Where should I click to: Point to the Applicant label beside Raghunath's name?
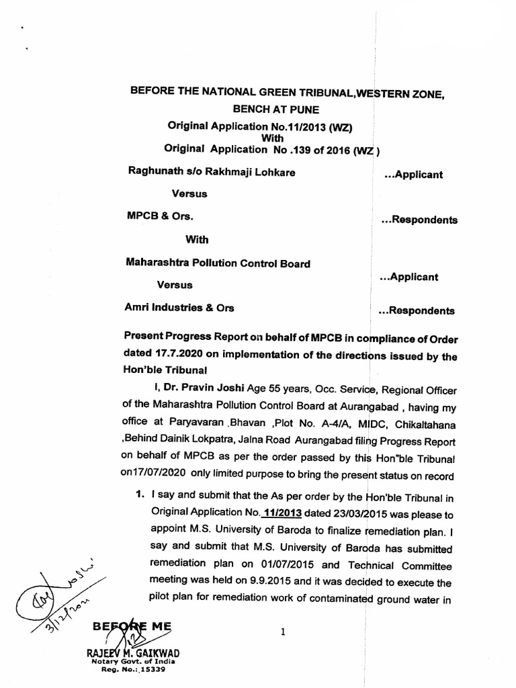click(x=413, y=175)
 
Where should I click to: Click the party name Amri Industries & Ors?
click(x=179, y=307)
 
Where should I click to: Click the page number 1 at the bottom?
click(x=283, y=632)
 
